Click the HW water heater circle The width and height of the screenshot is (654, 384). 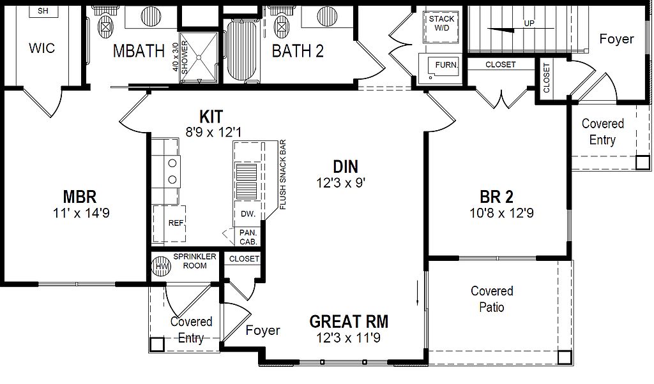(161, 266)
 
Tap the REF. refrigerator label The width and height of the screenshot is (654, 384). (176, 223)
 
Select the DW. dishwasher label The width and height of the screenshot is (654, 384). (248, 214)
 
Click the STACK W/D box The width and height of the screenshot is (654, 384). (442, 24)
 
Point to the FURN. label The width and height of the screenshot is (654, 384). (446, 65)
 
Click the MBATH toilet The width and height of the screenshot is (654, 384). (105, 23)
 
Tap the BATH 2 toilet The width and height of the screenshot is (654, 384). (282, 23)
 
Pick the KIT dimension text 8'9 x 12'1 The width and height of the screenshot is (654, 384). (213, 133)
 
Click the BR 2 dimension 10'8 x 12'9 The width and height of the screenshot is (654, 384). (501, 213)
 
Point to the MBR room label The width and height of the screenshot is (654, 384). (80, 196)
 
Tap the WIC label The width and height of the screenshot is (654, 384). (42, 48)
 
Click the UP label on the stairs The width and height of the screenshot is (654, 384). (529, 24)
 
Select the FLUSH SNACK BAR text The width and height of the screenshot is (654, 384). (283, 175)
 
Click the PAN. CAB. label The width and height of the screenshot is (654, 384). (248, 237)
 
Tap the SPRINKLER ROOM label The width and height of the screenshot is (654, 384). (195, 261)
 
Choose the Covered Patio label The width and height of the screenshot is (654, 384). (492, 299)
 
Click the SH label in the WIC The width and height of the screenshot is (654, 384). (43, 11)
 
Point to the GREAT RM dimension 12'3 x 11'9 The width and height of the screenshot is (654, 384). (348, 338)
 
